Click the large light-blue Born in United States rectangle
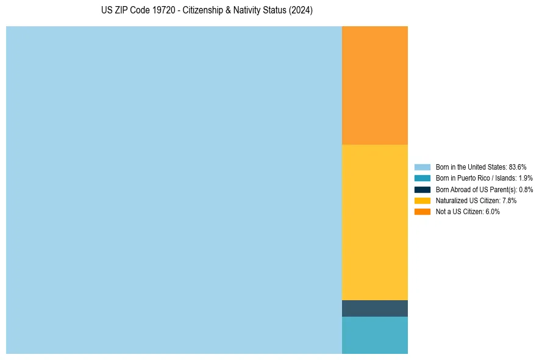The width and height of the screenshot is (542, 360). [174, 190]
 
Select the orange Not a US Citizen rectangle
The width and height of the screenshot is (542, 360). [374, 85]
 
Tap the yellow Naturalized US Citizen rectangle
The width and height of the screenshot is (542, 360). [374, 222]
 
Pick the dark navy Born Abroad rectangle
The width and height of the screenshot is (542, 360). [374, 308]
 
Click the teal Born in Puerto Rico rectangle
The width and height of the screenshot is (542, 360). [374, 335]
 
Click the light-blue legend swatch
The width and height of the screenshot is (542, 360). [423, 167]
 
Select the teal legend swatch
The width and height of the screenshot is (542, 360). [423, 178]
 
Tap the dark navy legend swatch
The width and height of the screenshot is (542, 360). [423, 189]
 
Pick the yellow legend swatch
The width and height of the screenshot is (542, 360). [423, 200]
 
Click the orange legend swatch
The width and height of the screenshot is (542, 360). [423, 212]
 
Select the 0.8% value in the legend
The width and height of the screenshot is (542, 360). [526, 189]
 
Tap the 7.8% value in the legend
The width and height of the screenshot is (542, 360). [509, 200]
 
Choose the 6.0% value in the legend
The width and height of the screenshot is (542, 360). [492, 212]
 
